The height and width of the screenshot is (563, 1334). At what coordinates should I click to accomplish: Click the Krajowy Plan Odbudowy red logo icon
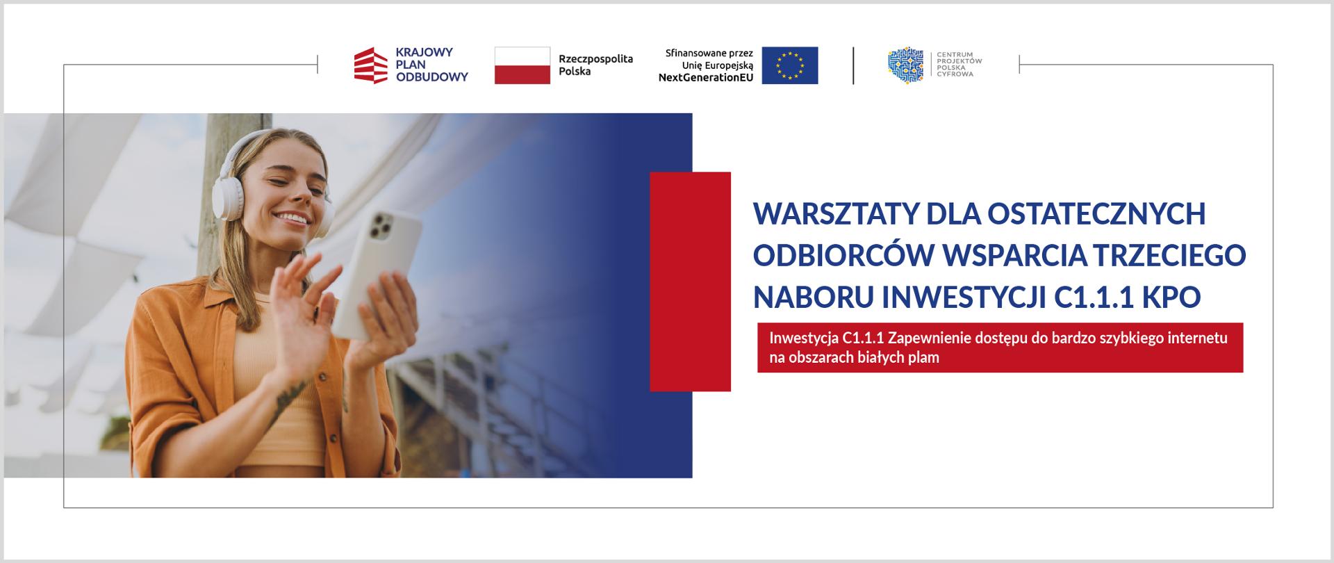pos(371,65)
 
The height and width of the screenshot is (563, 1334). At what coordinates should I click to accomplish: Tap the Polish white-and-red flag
pos(522,65)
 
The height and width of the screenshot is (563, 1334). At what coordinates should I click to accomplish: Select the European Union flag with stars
pos(789,65)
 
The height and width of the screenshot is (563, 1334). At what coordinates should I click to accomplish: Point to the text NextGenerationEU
pos(706,78)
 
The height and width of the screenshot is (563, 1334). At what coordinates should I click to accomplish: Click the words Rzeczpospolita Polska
pos(596,65)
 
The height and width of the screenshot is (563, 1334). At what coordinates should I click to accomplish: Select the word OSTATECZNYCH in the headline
pos(1096,214)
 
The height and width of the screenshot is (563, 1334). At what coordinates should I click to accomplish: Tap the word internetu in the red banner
pos(1197,338)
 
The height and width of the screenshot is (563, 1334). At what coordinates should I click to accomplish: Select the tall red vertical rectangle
pos(690,281)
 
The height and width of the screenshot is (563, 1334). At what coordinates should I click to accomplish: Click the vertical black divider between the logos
pos(853,66)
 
